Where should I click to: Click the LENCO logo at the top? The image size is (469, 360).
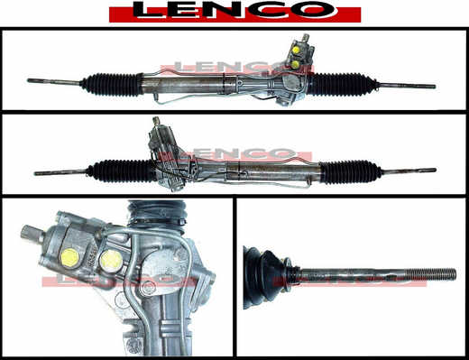[234, 12]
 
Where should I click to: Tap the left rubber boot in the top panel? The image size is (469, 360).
[112, 84]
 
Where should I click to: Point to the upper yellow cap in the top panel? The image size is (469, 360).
[296, 50]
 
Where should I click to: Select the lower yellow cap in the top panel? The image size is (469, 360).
[295, 64]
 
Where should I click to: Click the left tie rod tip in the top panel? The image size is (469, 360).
[29, 80]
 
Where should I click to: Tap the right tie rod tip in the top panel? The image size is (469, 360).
[434, 87]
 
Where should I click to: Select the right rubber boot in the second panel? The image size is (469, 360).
[350, 171]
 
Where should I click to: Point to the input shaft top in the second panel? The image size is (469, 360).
[156, 121]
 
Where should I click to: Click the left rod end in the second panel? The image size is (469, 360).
[36, 173]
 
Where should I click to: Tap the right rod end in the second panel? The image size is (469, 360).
[434, 170]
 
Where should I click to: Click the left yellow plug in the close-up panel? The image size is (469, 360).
[70, 258]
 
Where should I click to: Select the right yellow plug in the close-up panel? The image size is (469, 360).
[111, 261]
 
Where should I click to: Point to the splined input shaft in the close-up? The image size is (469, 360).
[31, 234]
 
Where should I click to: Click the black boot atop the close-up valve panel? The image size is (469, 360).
[157, 214]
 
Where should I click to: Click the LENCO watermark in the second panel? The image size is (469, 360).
[235, 154]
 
